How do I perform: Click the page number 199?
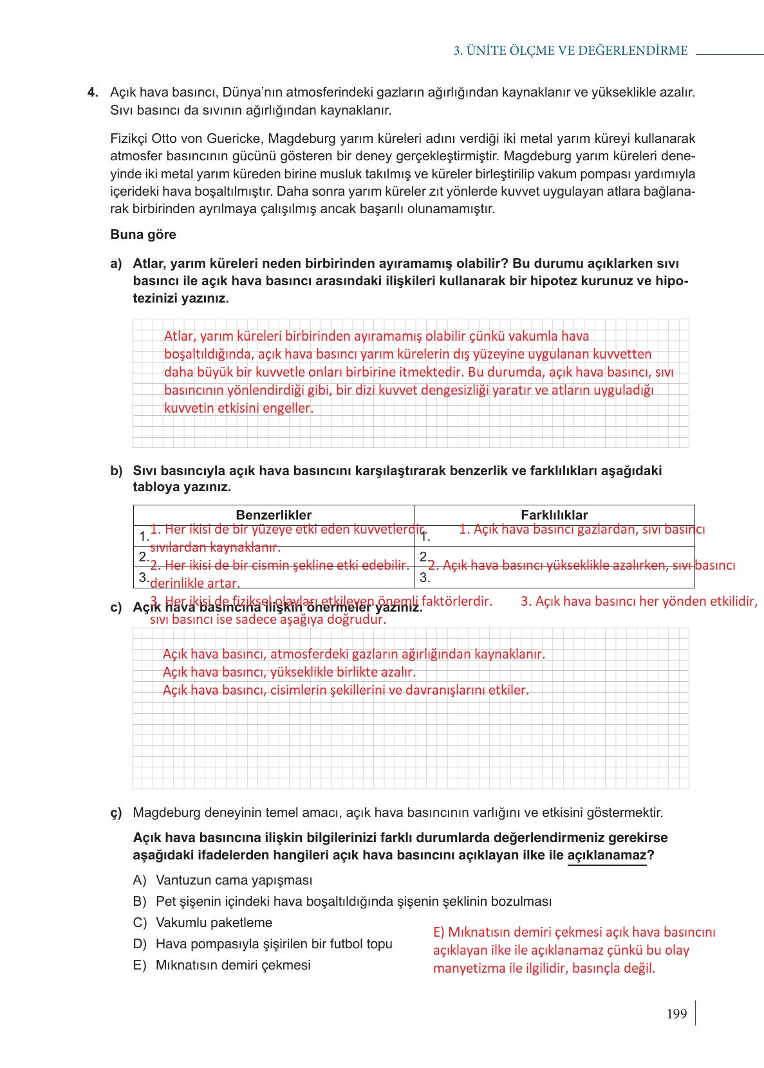[x=676, y=1014]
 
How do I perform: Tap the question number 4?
[x=93, y=92]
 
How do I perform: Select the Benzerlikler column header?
[x=274, y=515]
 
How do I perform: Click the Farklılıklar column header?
[x=554, y=515]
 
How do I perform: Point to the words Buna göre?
[x=143, y=234]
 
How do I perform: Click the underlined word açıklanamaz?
[x=606, y=855]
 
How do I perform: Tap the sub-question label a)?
[x=116, y=263]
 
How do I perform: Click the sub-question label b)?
[x=116, y=471]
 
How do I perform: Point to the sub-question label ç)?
[x=116, y=813]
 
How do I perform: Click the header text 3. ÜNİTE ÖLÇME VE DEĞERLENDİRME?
[x=570, y=51]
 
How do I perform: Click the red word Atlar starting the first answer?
[x=178, y=336]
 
